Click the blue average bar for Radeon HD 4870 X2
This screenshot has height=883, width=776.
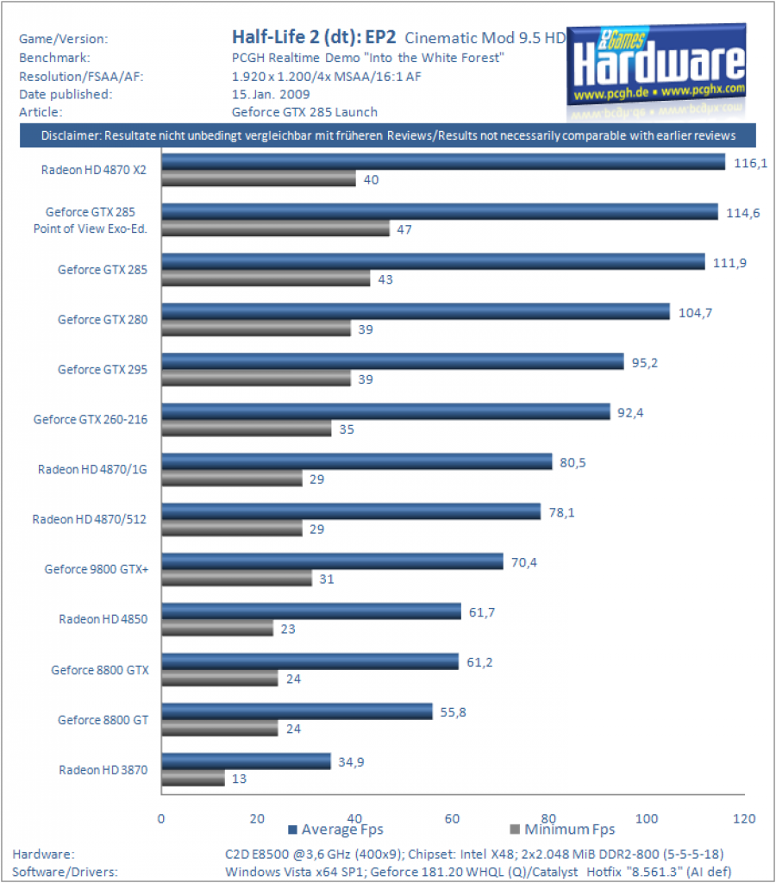(x=443, y=161)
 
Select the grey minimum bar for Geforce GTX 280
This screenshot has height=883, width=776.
(x=256, y=329)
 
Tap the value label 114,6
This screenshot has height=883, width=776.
(x=742, y=213)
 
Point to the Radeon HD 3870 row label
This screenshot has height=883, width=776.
(x=103, y=770)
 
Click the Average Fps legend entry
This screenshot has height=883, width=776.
(x=335, y=830)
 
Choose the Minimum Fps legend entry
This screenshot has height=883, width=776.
(x=562, y=830)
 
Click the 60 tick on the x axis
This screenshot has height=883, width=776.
(x=452, y=819)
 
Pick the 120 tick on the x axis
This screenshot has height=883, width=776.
(x=744, y=819)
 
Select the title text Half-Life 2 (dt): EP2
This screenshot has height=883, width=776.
(x=314, y=37)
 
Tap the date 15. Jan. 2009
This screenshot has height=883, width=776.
(x=271, y=94)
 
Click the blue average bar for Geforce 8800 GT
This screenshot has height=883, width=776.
(x=297, y=711)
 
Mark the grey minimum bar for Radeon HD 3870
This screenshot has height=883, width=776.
(x=193, y=779)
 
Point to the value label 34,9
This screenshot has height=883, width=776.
(x=351, y=762)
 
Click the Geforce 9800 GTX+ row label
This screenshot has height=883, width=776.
(x=97, y=569)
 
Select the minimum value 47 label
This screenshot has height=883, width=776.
(x=404, y=229)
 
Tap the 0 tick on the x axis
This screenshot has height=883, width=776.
(x=161, y=819)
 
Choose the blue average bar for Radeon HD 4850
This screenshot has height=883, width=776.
(x=311, y=611)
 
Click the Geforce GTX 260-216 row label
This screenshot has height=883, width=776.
(x=90, y=420)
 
